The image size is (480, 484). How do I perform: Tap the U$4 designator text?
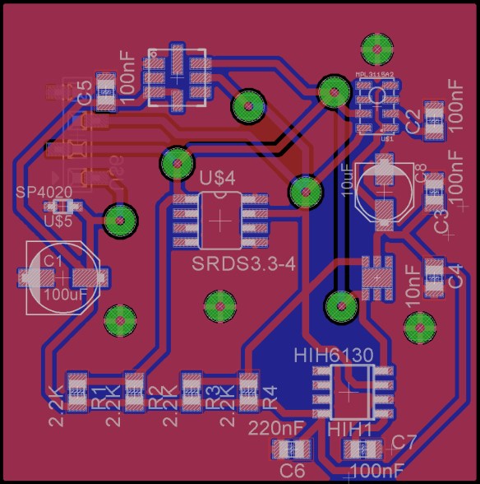pyautogui.click(x=218, y=178)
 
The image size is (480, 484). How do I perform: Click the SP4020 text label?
pyautogui.click(x=44, y=192)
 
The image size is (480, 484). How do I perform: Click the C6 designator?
pyautogui.click(x=293, y=470)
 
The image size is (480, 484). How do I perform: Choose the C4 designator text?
pyautogui.click(x=455, y=276)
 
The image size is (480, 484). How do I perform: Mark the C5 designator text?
pyautogui.click(x=85, y=93)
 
